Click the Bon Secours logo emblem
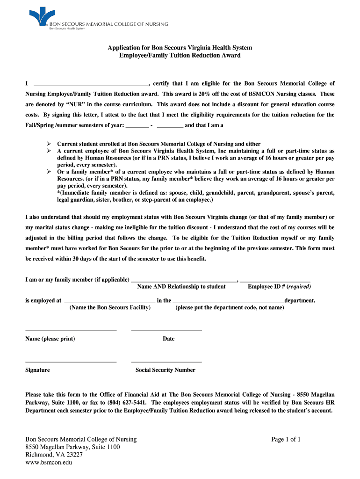coord(38,16)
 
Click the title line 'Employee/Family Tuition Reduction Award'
coord(180,55)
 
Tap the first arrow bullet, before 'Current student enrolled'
coord(49,144)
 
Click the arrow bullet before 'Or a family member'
coord(49,172)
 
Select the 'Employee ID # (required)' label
coord(279,287)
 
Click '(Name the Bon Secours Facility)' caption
coord(110,308)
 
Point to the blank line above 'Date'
coord(166,331)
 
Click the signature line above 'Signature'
coord(71,362)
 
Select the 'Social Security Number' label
coord(166,370)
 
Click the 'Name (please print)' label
coord(50,339)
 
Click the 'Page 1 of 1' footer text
coord(286,439)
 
